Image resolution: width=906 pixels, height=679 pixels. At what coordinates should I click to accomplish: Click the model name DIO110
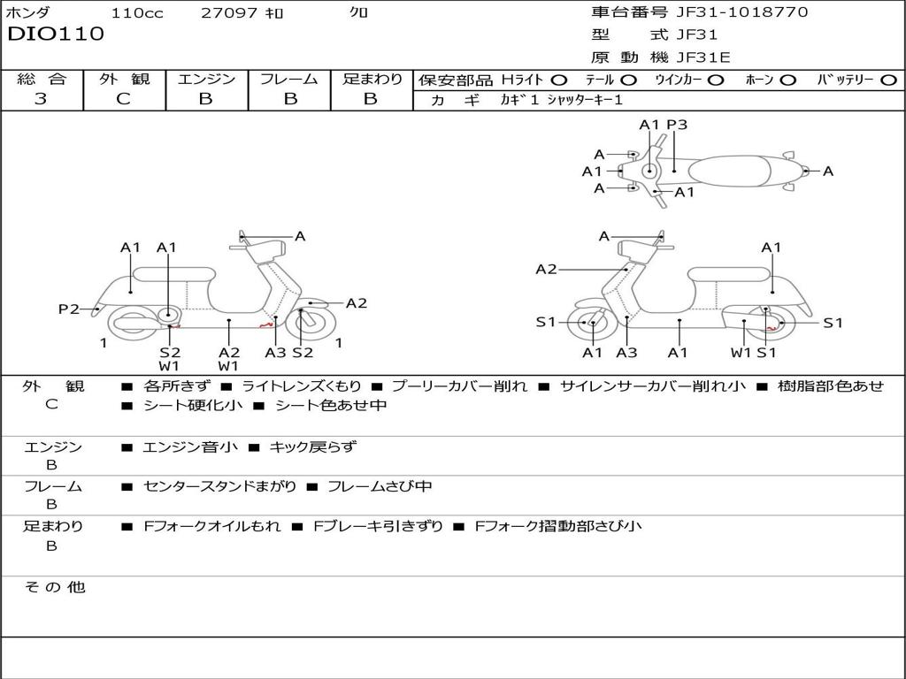coord(56,34)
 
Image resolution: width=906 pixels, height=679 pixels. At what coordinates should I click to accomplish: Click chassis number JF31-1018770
coord(742,11)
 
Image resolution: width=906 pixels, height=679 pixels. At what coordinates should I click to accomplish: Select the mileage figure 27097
coord(229,12)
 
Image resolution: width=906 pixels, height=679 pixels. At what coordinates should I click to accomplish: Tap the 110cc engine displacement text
coord(137,12)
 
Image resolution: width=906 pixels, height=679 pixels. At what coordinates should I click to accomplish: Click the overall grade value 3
coord(41,99)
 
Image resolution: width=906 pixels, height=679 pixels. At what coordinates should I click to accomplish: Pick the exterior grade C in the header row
coord(123,99)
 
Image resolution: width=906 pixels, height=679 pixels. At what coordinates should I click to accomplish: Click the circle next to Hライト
coord(559,80)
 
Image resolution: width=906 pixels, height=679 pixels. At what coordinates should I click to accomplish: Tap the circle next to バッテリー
coord(888,80)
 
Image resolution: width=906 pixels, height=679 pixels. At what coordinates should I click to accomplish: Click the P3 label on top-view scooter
coord(677,125)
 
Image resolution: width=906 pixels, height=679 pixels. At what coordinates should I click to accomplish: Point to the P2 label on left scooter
coord(69,309)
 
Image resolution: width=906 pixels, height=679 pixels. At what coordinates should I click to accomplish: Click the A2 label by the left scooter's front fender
coord(357,303)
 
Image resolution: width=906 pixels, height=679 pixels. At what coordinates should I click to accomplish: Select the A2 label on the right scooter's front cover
coord(546,269)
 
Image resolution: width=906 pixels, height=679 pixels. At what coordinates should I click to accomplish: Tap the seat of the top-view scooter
coord(730,172)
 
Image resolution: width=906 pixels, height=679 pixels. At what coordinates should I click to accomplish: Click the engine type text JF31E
coord(703,57)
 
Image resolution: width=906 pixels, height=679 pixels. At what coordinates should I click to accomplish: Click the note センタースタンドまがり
coord(219,487)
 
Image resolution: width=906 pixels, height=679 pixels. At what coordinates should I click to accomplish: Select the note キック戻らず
coord(313,446)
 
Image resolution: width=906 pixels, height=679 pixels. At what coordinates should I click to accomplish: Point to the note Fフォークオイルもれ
coord(212,526)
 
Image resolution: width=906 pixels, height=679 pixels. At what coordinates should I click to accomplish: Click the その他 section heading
coord(55,587)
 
